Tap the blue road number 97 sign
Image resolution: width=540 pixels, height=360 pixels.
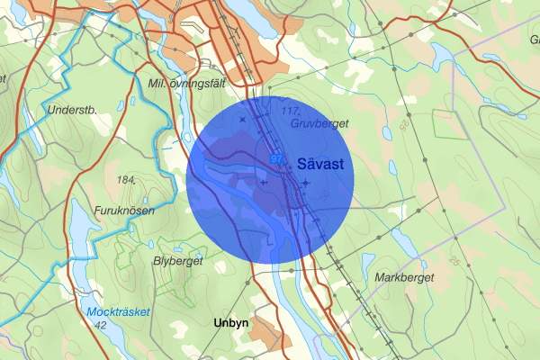[x=276, y=158]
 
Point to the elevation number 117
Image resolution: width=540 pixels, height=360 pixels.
[x=289, y=110]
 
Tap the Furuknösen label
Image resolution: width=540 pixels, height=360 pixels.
[x=127, y=211]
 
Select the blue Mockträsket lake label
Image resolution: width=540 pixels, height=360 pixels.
[x=121, y=312]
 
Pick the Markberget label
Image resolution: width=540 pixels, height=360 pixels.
[x=403, y=277]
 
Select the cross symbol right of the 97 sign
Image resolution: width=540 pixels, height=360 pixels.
[x=305, y=183]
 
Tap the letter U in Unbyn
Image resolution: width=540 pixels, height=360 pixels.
[x=218, y=322]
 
